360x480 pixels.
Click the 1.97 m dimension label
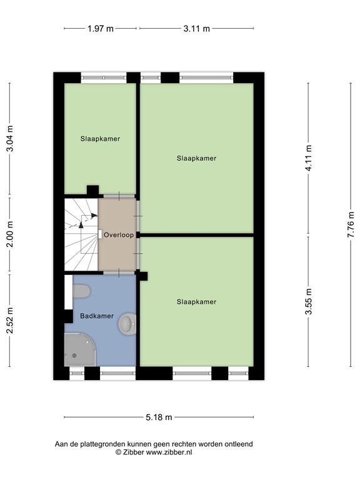[x=101, y=29]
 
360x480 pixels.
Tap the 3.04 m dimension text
[x=9, y=139]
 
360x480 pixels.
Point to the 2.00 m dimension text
[x=9, y=236]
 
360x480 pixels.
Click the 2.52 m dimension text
[x=9, y=320]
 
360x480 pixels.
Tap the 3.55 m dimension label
[x=309, y=301]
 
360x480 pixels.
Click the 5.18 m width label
[x=159, y=417]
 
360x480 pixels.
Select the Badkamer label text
[x=97, y=316]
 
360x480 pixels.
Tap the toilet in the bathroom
[x=82, y=291]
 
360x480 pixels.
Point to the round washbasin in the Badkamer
[x=128, y=324]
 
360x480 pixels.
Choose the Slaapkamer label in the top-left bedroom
[x=100, y=139]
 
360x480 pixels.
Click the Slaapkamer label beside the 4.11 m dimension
[x=196, y=158]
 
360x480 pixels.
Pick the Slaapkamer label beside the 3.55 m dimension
[x=196, y=302]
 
